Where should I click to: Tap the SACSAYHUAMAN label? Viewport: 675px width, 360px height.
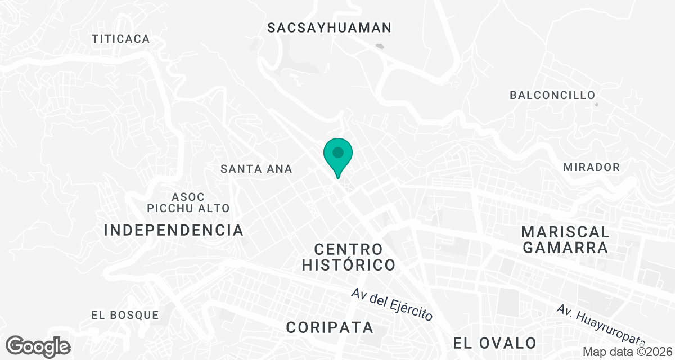pos(329,28)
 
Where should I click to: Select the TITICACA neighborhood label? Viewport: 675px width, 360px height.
pos(121,39)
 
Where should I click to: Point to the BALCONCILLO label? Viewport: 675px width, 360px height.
pos(552,95)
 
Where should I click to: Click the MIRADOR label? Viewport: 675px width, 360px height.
pos(591,167)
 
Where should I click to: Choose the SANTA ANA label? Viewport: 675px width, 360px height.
pos(256,169)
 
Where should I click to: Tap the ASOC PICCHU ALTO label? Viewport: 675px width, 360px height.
pos(188,202)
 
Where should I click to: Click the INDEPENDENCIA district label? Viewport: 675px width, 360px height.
pos(174,230)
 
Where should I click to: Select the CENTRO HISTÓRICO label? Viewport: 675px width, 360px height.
pos(348,256)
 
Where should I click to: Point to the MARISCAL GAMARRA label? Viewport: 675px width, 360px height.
pos(565,240)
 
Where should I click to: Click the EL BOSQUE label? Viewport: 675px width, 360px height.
pos(125,315)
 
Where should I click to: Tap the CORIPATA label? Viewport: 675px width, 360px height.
pos(330,327)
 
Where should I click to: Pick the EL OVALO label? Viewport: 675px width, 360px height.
pos(495,343)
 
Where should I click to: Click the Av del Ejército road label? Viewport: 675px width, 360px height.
pos(392,305)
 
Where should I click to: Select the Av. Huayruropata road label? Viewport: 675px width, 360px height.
pos(600,325)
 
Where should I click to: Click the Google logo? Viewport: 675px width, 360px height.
pos(38,346)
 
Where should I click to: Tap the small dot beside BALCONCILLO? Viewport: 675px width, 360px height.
pos(597,104)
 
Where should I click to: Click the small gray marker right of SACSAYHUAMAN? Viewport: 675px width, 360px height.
pos(381,47)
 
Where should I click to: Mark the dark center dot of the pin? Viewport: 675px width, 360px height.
pos(337,152)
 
